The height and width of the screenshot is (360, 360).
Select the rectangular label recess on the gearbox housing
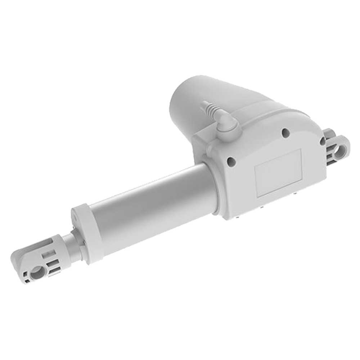278,173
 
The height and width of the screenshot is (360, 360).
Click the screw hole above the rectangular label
286,133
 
